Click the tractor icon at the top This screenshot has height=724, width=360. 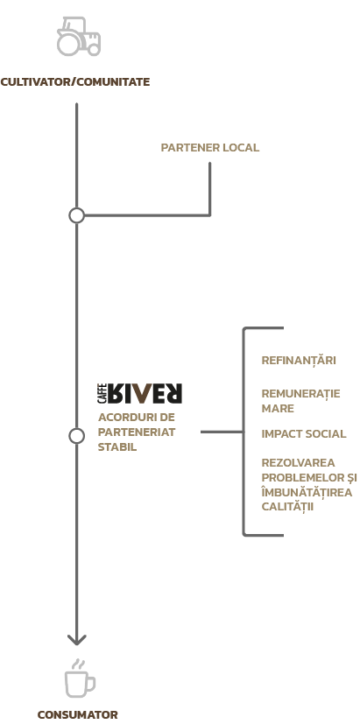(79, 37)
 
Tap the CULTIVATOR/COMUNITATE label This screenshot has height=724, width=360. (75, 82)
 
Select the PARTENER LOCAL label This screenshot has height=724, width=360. (210, 148)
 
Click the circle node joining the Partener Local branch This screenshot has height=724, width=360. (77, 215)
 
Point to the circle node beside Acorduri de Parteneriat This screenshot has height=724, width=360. (77, 435)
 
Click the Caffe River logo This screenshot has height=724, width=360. (140, 393)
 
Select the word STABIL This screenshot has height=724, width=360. (117, 447)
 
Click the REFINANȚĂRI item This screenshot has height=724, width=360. (299, 360)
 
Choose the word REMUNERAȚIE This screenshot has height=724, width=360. (300, 394)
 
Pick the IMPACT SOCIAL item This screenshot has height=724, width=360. (304, 434)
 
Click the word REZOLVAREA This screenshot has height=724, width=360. (298, 462)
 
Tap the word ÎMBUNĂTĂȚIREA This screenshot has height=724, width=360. (307, 492)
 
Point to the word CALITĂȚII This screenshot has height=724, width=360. (287, 507)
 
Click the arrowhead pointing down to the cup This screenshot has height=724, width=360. (77, 640)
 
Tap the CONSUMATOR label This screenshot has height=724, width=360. (78, 714)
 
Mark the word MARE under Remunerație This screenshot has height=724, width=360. (278, 409)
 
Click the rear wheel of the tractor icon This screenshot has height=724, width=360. (68, 45)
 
